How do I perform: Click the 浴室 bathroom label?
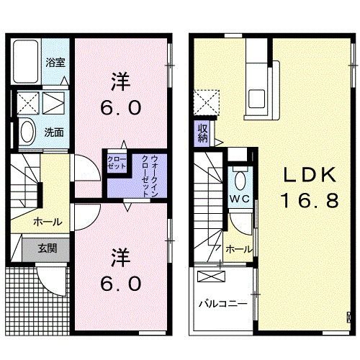point(56,63)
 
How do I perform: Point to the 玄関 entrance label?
point(48,249)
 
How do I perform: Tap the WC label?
point(239,197)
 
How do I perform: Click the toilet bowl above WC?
point(240,178)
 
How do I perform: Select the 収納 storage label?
point(203,132)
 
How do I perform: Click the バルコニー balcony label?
point(223,304)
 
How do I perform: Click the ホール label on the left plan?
point(47,222)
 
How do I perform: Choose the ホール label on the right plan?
point(238,248)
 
